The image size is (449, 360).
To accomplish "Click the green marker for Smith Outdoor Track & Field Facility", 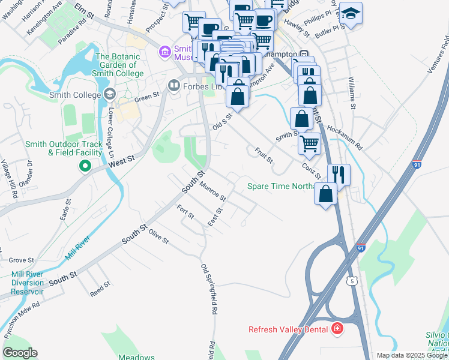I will (x=85, y=166).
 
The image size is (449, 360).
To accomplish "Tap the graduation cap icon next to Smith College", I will (x=109, y=94).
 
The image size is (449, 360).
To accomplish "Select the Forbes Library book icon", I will (x=174, y=85).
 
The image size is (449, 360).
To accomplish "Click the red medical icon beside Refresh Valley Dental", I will (x=337, y=329).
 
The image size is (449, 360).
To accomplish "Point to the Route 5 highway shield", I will (x=352, y=280).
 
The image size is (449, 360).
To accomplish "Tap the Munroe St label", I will (x=213, y=192).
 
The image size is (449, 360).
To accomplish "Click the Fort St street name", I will (x=184, y=212).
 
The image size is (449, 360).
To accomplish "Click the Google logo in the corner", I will (x=20, y=352).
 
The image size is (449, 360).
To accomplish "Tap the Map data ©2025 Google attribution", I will (x=412, y=355).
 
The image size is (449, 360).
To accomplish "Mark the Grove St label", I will (x=21, y=260).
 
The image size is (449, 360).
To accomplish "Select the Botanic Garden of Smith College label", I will (x=119, y=65).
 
